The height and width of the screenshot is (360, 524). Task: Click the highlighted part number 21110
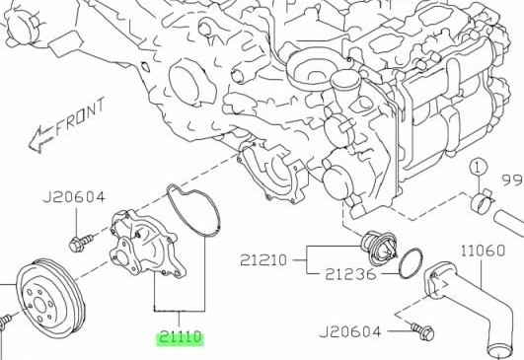tap(181, 338)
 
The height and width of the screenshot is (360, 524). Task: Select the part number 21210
tap(263, 260)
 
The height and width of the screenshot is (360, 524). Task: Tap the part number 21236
tap(350, 274)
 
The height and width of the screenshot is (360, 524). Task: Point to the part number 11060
tap(483, 251)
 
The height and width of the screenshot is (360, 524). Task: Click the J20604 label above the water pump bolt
tap(74, 197)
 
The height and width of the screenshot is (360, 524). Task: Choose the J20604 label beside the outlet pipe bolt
tap(350, 332)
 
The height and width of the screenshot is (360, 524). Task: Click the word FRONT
tap(80, 116)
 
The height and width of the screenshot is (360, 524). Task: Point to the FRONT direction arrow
tap(41, 138)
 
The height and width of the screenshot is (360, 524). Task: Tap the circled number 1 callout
tap(479, 168)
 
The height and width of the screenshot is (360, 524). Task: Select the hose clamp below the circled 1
tap(482, 201)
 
